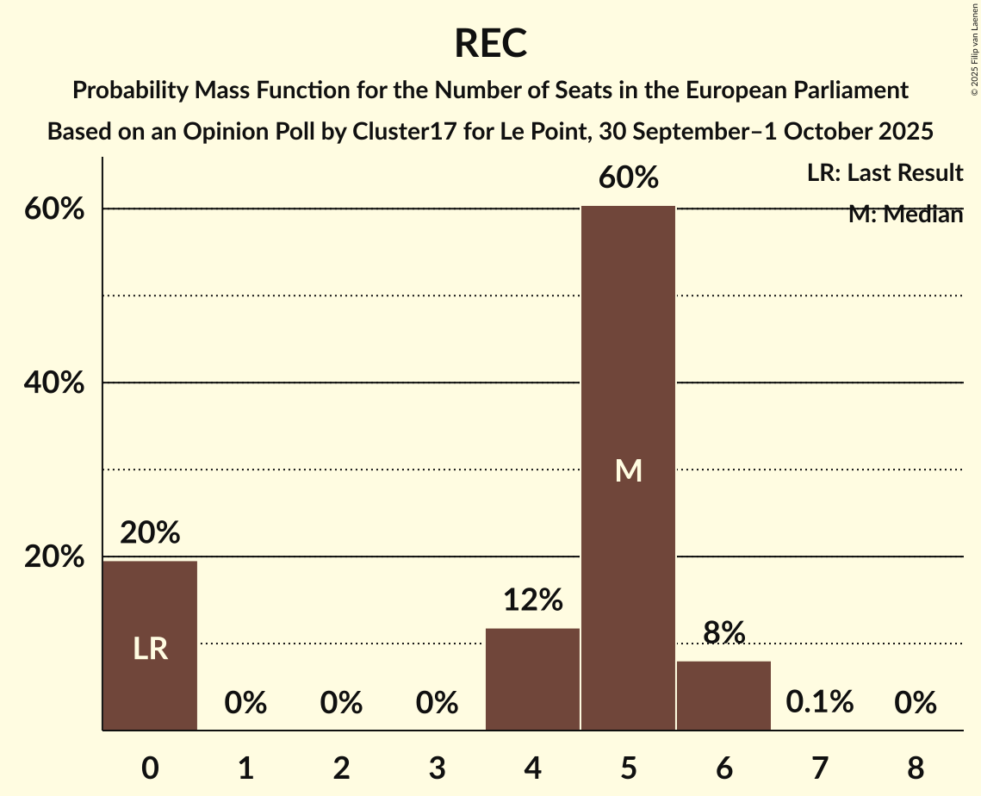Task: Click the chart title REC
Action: pos(491,43)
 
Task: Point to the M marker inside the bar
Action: pos(629,470)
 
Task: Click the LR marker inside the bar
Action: pos(150,649)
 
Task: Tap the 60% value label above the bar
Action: pos(629,178)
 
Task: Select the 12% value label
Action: pos(533,600)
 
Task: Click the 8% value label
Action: pos(723,633)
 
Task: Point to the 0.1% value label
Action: pos(819,702)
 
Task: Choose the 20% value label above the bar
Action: pos(150,533)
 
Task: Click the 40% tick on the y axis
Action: pos(54,382)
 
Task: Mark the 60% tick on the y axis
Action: pos(54,209)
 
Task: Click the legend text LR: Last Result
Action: pos(885,173)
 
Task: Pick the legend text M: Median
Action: pos(905,215)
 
